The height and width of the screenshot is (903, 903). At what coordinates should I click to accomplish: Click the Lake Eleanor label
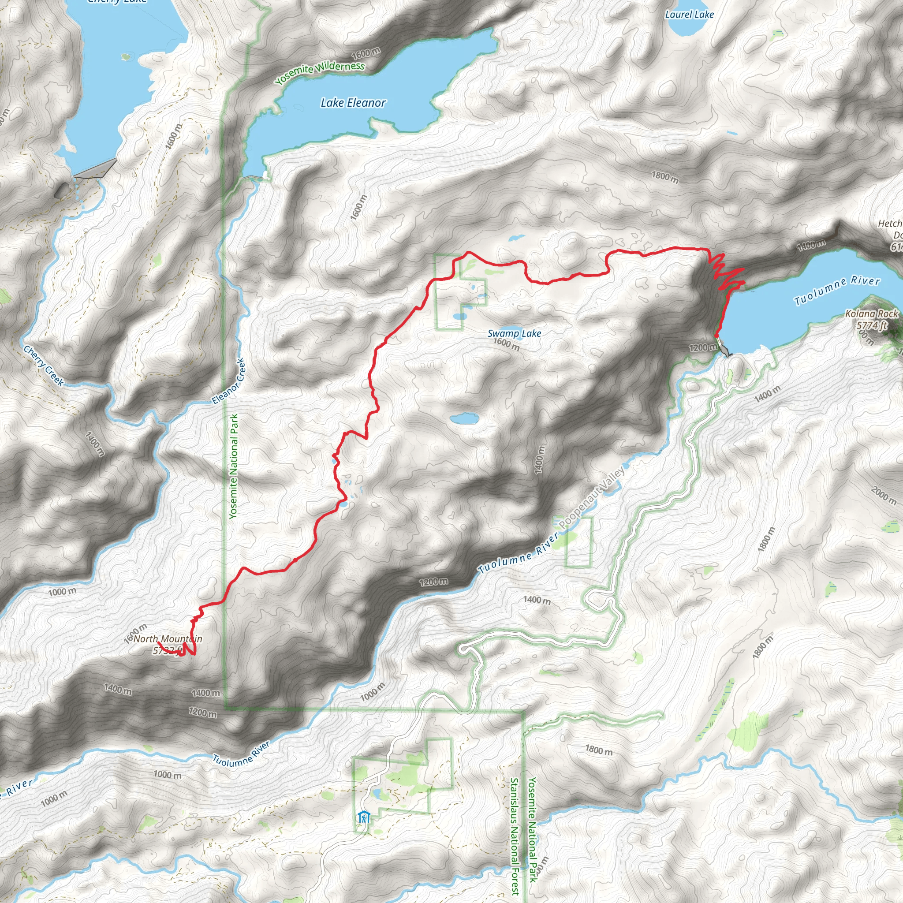[x=353, y=103]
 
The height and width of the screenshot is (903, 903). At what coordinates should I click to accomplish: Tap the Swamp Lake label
[x=514, y=333]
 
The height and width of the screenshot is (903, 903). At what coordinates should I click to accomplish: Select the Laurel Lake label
[x=689, y=15]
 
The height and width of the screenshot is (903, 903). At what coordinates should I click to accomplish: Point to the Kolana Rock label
[x=871, y=314]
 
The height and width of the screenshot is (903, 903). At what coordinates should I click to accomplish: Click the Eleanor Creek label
[x=228, y=381]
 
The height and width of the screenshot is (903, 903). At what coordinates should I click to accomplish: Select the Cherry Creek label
[x=44, y=366]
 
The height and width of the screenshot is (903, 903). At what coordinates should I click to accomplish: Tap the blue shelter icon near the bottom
[x=363, y=818]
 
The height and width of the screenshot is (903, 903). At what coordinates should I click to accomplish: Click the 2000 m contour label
[x=883, y=495]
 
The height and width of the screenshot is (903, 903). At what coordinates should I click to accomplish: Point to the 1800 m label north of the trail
[x=664, y=178]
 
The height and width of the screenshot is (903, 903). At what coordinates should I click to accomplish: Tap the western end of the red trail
[x=158, y=643]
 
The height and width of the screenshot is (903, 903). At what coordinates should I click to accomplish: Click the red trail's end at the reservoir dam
[x=716, y=335]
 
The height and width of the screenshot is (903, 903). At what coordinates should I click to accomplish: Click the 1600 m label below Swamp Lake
[x=507, y=344]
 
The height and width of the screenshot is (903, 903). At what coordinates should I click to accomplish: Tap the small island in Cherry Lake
[x=125, y=57]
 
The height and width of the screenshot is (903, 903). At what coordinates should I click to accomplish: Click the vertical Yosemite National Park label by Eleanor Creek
[x=234, y=466]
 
